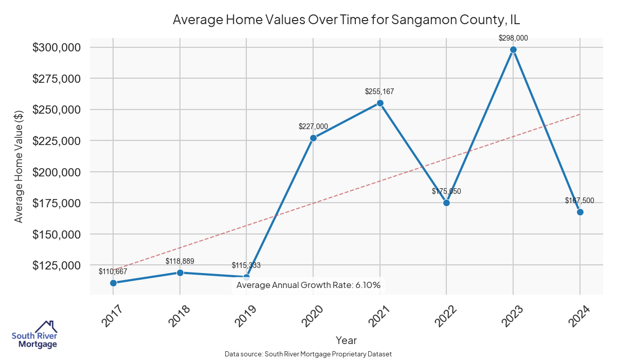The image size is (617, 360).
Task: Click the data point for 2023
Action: click(513, 50)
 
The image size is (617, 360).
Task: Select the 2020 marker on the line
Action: click(313, 138)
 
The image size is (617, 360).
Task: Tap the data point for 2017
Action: click(113, 283)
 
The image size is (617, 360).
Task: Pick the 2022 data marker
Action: click(446, 203)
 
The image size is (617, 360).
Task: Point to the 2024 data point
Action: click(580, 212)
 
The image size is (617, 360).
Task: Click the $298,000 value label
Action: click(513, 38)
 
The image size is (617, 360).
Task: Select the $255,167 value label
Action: click(380, 92)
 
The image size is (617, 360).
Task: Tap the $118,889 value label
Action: click(180, 261)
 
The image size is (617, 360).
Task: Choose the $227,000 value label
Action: click(313, 126)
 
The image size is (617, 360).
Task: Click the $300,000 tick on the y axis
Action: click(57, 47)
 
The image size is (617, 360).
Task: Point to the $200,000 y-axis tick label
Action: click(57, 172)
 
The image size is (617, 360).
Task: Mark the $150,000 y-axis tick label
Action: click(57, 234)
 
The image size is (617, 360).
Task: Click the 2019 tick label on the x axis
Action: click(246, 316)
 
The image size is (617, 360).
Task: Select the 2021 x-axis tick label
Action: click(379, 316)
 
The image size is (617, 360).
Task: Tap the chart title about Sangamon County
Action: click(347, 20)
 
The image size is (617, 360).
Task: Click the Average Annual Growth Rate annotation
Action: click(308, 285)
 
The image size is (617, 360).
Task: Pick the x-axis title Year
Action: click(346, 340)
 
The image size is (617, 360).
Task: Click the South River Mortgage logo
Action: click(34, 335)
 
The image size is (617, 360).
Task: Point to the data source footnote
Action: click(308, 354)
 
